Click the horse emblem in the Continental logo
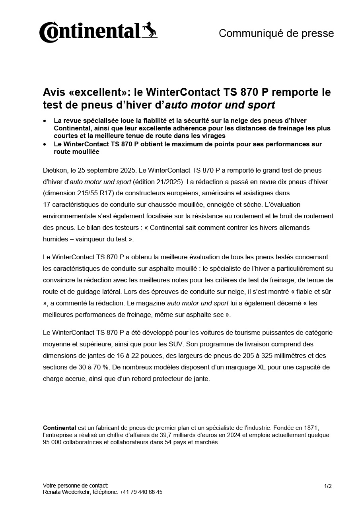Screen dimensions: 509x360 [150, 30]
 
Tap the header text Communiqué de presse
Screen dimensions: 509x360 [276, 33]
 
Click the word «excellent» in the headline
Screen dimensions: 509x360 [98, 93]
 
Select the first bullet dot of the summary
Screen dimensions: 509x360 [45, 120]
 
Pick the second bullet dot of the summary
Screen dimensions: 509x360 [45, 144]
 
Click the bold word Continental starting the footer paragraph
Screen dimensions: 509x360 [59, 428]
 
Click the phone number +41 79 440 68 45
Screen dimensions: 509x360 [141, 492]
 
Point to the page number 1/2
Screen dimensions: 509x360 [328, 486]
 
